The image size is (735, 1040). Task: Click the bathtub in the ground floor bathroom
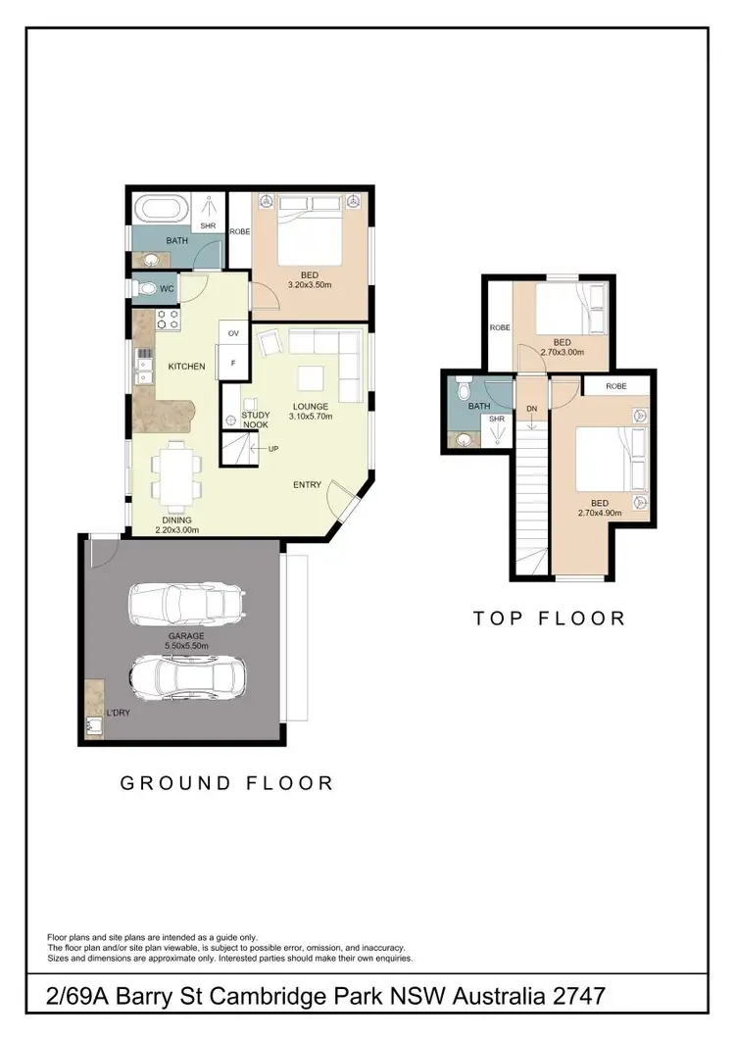coord(158,210)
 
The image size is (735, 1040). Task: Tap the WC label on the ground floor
coord(167,289)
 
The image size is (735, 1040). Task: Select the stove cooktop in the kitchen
coord(167,320)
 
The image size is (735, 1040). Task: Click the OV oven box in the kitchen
coord(233,334)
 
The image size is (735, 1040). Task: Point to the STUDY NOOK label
coord(256,421)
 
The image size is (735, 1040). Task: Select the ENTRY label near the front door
coord(307,485)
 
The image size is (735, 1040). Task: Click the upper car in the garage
coord(185,605)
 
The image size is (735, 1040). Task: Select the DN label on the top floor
coord(531,408)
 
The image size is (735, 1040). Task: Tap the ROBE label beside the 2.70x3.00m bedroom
coord(499,327)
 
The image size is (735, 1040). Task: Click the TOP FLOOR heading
coord(549,619)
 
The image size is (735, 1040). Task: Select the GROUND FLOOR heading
coord(226,783)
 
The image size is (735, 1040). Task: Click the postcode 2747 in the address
coord(573,997)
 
